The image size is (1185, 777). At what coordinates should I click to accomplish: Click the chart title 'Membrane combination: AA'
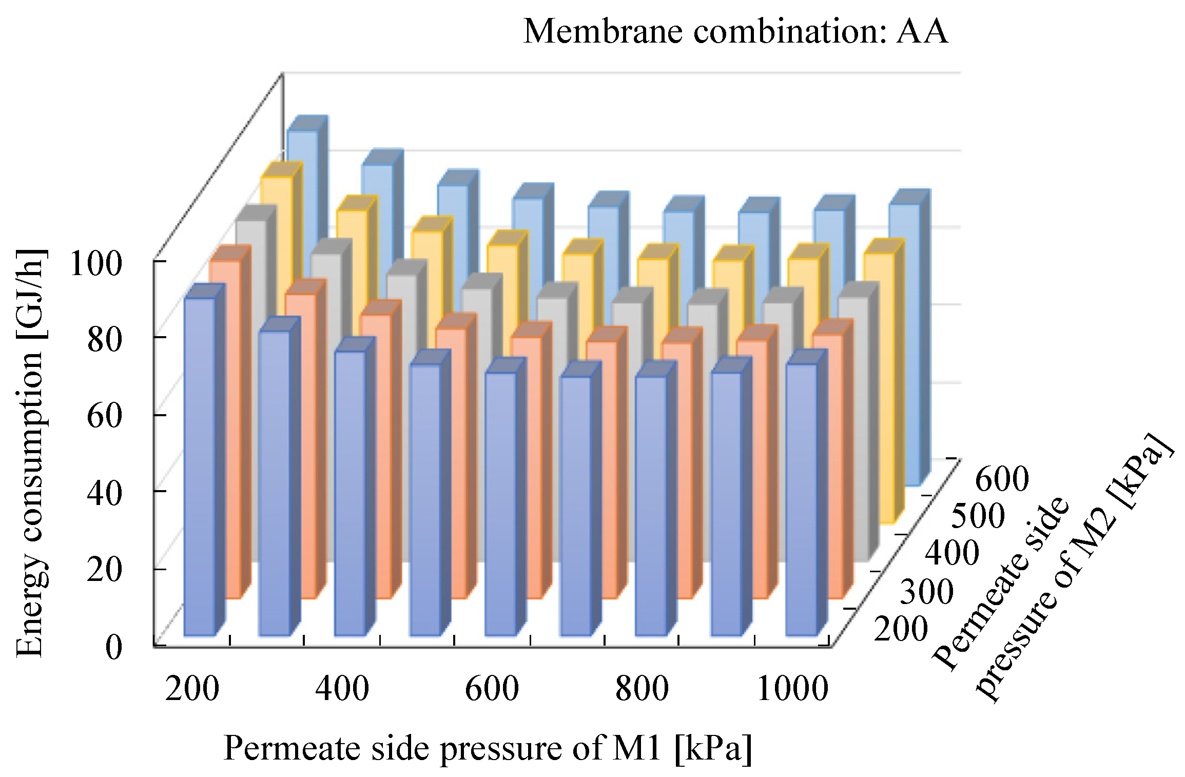(x=735, y=32)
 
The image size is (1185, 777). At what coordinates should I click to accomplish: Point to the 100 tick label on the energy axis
(x=96, y=264)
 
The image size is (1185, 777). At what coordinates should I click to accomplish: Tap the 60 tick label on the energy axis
(x=104, y=415)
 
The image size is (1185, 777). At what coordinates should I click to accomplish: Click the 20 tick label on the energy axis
(x=104, y=570)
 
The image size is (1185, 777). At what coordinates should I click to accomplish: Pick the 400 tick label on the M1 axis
(x=342, y=689)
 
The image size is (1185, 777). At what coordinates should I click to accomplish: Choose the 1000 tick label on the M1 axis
(x=792, y=689)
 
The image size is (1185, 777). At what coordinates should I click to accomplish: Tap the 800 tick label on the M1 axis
(x=642, y=689)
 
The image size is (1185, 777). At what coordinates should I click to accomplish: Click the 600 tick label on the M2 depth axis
(x=1001, y=479)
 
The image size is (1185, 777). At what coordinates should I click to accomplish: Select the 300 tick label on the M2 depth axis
(x=926, y=591)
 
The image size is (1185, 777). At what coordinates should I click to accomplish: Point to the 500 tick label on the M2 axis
(x=978, y=516)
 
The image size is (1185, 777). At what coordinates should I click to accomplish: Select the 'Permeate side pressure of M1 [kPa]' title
(x=488, y=748)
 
